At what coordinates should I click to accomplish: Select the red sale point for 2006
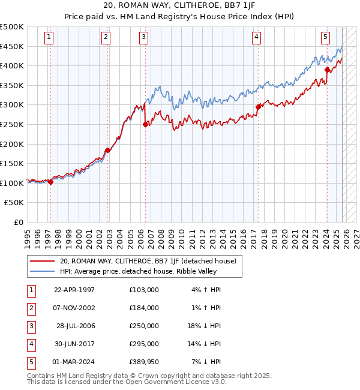click(145, 125)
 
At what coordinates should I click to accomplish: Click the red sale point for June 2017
click(258, 107)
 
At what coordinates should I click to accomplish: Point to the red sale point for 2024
click(327, 70)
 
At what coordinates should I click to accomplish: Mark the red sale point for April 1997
click(50, 182)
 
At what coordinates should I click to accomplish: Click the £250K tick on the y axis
click(12, 124)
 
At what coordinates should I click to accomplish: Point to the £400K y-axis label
click(12, 65)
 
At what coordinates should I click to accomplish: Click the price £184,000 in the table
click(143, 308)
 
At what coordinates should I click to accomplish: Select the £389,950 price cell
click(143, 362)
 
